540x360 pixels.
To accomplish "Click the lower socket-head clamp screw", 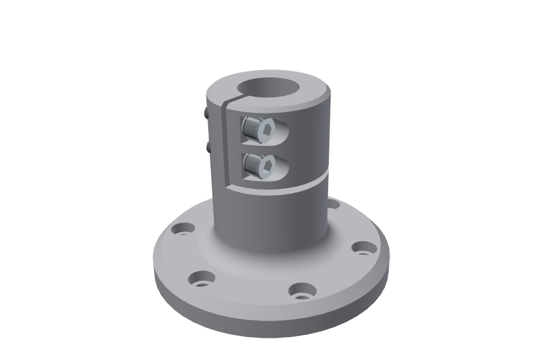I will pyautogui.click(x=257, y=165).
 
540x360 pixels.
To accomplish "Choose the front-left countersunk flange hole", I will pyautogui.click(x=202, y=278).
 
